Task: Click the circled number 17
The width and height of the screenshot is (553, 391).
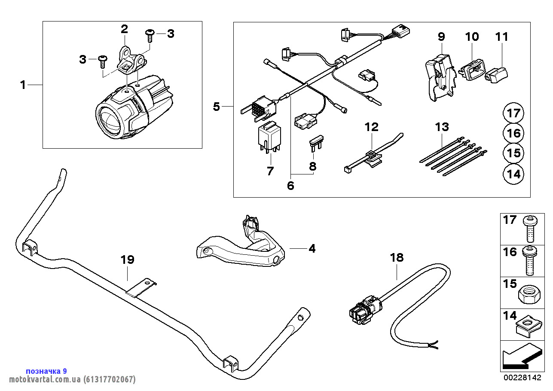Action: [513, 114]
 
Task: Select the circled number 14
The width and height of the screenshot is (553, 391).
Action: [513, 174]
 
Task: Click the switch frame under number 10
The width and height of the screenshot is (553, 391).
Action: [473, 69]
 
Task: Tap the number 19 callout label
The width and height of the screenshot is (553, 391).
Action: [127, 260]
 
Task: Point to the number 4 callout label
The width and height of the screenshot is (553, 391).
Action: [312, 248]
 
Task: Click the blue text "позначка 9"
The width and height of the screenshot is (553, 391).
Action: [46, 371]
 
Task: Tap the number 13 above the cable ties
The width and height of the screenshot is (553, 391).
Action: [442, 127]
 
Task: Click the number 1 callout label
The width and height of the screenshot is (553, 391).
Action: [23, 85]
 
